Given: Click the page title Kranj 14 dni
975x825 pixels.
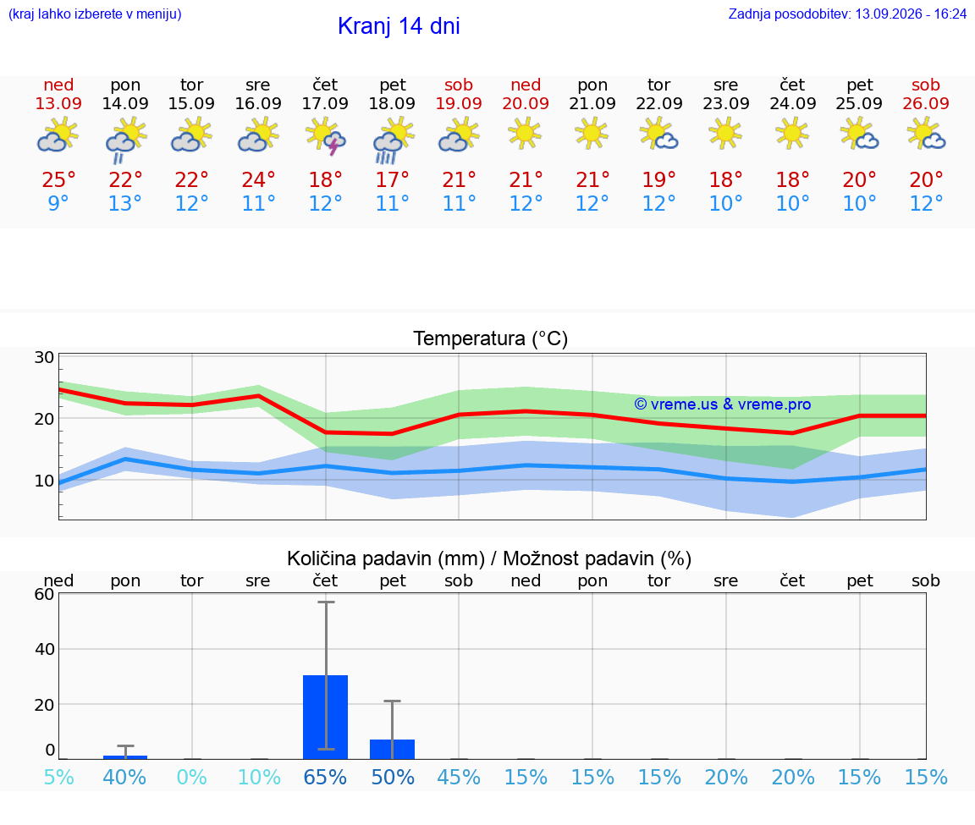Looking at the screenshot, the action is [399, 26].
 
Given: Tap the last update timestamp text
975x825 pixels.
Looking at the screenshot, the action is [847, 14].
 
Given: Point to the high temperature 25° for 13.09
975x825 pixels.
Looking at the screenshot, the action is [58, 179].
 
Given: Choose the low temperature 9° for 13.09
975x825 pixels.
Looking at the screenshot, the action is [58, 203].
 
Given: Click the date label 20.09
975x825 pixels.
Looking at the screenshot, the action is [526, 103].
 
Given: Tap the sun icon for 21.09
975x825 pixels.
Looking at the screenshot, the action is [592, 134].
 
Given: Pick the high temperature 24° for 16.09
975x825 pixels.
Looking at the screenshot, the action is [258, 179].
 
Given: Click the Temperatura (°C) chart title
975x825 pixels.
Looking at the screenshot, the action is [491, 338].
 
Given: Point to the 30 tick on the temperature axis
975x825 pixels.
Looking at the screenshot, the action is [44, 357].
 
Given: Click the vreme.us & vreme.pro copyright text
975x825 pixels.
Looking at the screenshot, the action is [723, 404].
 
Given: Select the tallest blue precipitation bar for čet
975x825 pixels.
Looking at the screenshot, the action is [325, 717].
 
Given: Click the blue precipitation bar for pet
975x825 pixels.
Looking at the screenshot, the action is [393, 749].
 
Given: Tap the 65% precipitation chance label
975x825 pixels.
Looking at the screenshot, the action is [325, 777].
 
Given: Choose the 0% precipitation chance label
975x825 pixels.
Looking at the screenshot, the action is [191, 777].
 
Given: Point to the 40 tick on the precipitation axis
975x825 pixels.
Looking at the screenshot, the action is [44, 649].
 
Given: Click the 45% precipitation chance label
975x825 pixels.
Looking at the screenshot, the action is [459, 777].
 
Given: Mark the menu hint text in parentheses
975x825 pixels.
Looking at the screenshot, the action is [95, 14].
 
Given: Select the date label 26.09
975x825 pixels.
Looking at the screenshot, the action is [926, 103].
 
